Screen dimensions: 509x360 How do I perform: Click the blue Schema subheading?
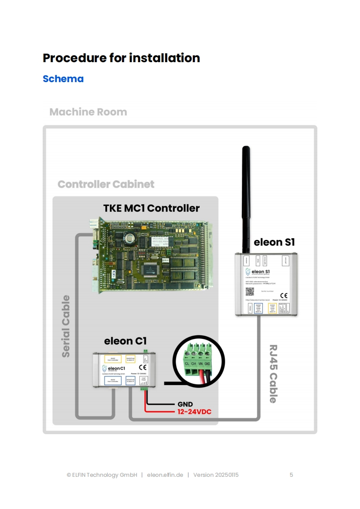(x=63, y=79)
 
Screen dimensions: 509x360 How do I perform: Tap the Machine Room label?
(x=88, y=112)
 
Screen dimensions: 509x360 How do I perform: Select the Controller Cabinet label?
(x=106, y=184)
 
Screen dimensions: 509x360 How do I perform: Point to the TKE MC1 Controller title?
(x=151, y=208)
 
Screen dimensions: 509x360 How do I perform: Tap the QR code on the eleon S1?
(x=249, y=291)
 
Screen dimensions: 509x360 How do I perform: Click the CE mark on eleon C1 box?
(x=143, y=367)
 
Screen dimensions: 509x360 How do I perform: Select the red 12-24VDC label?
(x=194, y=412)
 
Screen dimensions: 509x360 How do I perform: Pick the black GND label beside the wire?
(x=185, y=404)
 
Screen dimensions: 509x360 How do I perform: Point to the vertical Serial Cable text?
(x=66, y=326)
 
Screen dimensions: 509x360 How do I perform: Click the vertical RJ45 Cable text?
(x=273, y=373)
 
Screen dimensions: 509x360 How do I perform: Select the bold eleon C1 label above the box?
(x=125, y=341)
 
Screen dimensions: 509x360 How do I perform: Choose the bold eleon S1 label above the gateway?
(x=274, y=242)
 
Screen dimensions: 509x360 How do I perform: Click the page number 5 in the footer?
(x=291, y=475)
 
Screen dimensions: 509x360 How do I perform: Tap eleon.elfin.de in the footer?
(x=165, y=475)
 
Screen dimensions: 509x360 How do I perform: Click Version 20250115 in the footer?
(x=216, y=475)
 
